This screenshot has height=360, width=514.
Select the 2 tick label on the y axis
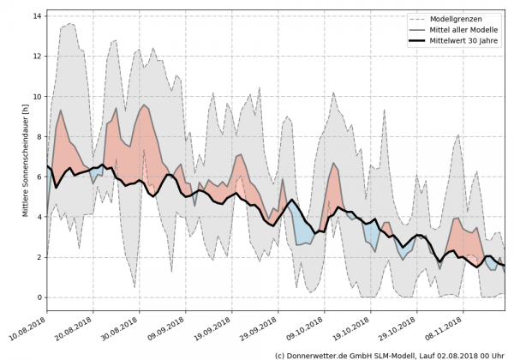pyautogui.click(x=38, y=257)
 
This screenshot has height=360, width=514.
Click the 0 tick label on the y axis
pyautogui.click(x=38, y=297)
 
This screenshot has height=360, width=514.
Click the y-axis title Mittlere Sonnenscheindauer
pyautogui.click(x=27, y=159)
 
